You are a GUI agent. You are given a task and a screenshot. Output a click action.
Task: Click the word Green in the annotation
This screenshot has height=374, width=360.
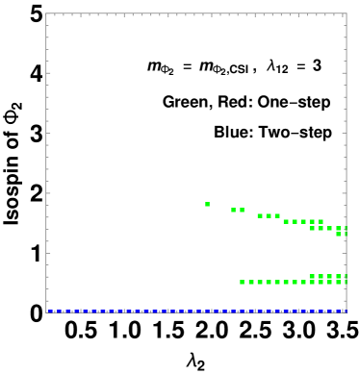point(183,102)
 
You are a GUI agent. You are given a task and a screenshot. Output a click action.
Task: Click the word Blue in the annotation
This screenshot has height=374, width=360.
point(232,133)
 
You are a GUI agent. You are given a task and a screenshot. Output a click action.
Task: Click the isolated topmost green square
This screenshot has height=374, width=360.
point(207,204)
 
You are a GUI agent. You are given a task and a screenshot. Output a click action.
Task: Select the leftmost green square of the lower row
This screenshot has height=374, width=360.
point(242,282)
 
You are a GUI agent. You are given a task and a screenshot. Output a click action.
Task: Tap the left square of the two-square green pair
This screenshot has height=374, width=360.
point(234,210)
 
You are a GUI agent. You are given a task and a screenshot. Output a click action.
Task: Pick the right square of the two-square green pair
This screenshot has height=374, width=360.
point(242,210)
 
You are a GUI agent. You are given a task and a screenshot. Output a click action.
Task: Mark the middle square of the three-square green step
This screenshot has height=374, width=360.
point(269,215)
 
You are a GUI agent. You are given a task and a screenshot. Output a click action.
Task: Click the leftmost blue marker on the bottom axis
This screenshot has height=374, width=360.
point(48,311)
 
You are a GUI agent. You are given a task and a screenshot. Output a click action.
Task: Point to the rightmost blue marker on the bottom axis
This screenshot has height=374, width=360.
point(344,311)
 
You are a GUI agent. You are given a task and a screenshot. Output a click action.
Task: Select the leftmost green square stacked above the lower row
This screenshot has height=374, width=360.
point(312,276)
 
